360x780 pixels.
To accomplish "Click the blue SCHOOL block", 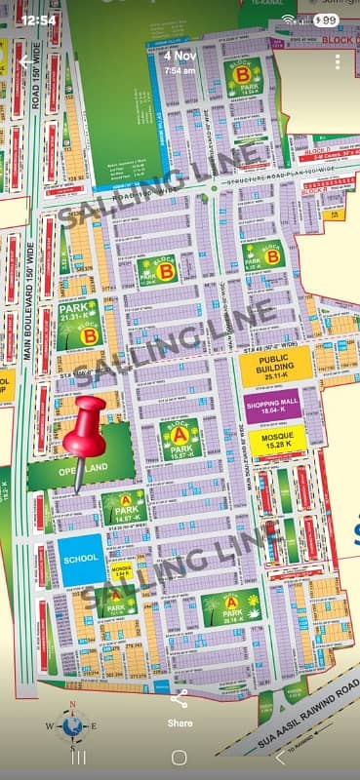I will tap(81, 561).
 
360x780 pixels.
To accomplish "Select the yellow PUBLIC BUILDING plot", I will tap(275, 364).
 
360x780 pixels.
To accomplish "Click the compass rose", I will tap(70, 723).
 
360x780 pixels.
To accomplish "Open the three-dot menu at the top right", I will tap(337, 61).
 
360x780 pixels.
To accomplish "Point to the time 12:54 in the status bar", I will tap(38, 19).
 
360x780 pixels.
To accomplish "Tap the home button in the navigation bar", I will tap(180, 757).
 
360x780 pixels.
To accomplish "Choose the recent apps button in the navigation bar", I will tap(80, 757).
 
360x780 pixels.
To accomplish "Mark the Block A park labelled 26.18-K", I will tap(231, 607).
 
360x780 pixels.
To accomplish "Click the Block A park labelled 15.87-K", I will tap(180, 439).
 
